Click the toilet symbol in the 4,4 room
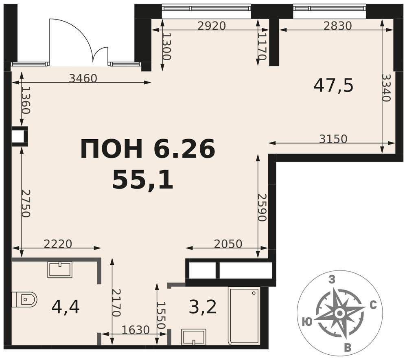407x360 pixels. click(24, 299)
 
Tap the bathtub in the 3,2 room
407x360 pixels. click(244, 316)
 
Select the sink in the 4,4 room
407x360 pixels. click(60, 270)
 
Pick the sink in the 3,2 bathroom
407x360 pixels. click(194, 337)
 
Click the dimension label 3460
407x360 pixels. click(83, 78)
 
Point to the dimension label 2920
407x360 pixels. click(212, 26)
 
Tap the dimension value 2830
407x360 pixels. click(338, 26)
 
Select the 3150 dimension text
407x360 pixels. click(333, 139)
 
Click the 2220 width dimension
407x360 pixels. click(58, 244)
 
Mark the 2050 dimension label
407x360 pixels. click(228, 244)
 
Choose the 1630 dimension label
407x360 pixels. click(136, 330)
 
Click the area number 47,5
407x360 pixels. click(334, 86)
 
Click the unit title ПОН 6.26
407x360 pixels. click(148, 149)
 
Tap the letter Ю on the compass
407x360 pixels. click(307, 323)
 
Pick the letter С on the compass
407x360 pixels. click(373, 306)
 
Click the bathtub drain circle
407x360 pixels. click(254, 293)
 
